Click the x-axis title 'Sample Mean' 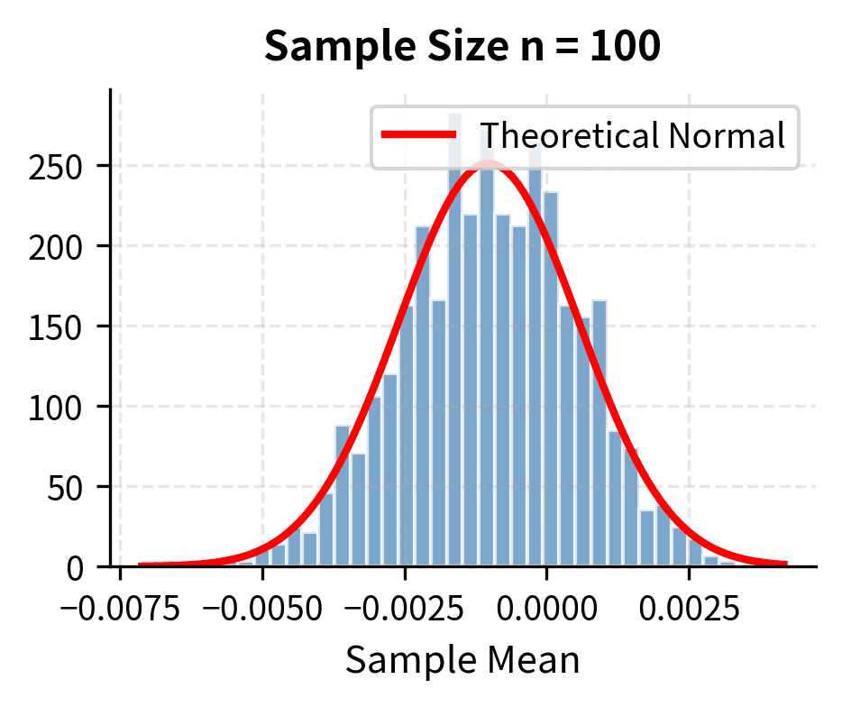tap(462, 660)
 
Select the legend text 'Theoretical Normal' tap(632, 136)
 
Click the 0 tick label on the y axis tap(87, 567)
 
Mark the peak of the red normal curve tap(488, 163)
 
